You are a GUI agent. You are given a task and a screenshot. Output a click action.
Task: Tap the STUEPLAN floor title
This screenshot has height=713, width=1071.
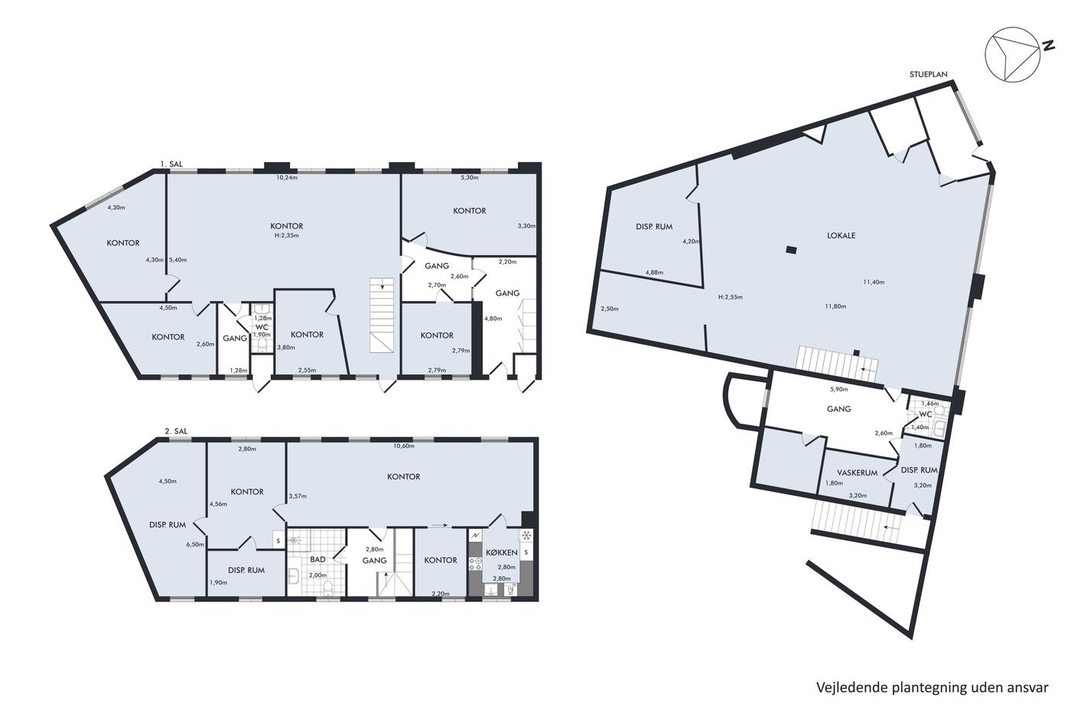point(928,74)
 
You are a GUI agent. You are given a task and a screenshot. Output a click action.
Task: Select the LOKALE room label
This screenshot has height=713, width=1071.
point(841,235)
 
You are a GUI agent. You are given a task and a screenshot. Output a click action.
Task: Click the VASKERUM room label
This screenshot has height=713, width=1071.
point(858,473)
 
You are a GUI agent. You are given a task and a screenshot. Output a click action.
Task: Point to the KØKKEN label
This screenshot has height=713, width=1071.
point(502,553)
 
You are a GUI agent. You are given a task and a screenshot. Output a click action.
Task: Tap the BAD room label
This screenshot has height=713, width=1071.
point(317,559)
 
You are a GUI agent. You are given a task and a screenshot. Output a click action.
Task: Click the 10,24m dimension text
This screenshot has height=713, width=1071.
point(287,177)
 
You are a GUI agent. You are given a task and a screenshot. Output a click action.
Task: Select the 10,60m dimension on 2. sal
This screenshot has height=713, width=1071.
point(404,446)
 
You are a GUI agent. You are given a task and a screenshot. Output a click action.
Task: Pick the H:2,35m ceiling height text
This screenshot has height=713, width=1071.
point(287,235)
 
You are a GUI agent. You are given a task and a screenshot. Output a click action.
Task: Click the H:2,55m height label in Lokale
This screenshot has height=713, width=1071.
point(730,297)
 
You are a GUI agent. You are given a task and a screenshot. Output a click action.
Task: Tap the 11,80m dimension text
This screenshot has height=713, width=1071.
point(835,306)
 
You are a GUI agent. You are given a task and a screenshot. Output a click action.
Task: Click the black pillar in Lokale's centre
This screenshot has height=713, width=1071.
point(791,249)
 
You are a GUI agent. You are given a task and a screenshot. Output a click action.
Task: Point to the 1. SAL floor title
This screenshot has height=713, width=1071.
point(171,164)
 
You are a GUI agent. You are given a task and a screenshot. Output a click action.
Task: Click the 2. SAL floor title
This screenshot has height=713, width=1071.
point(176,431)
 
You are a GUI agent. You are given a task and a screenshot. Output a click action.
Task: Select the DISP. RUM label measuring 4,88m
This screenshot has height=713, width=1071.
point(654,227)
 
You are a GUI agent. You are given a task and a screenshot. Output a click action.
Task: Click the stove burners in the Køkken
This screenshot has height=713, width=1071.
point(475,565)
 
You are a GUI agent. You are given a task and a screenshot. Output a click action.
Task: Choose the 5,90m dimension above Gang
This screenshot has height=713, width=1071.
point(838,389)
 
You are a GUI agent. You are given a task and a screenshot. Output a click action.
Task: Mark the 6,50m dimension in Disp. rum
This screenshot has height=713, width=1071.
point(195,544)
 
